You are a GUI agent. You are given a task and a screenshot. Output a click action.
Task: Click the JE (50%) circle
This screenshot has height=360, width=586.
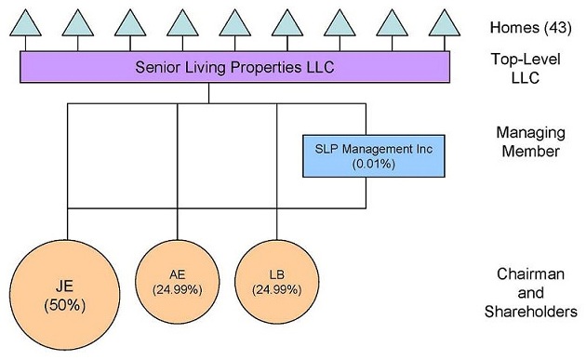(67, 293)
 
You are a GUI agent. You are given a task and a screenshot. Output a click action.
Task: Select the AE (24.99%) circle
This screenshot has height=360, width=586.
(177, 281)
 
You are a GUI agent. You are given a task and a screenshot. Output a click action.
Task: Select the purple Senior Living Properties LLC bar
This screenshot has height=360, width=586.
(235, 67)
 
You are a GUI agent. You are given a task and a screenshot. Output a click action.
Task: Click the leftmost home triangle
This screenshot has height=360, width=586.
(27, 23)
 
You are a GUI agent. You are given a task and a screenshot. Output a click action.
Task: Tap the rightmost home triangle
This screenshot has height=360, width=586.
(445, 23)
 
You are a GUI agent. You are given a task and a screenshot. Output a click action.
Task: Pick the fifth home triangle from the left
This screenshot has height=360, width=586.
(235, 23)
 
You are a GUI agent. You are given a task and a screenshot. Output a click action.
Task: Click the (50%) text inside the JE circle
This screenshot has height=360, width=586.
(67, 304)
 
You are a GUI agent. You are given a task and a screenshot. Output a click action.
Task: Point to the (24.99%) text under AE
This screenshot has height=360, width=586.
(177, 289)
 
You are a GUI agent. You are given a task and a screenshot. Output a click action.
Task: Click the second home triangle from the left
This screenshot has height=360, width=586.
(79, 23)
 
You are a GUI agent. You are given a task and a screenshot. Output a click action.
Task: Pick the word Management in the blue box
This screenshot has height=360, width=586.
(368, 148)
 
